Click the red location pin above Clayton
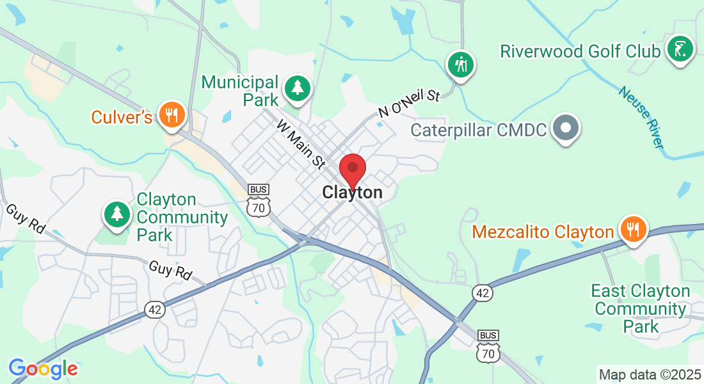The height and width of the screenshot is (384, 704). pyautogui.click(x=352, y=170)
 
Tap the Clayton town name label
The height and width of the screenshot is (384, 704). pyautogui.click(x=353, y=192)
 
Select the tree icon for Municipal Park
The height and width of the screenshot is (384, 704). pyautogui.click(x=298, y=88)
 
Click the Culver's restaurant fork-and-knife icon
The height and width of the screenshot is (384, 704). pyautogui.click(x=171, y=115)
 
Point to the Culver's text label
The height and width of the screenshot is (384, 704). pyautogui.click(x=122, y=117)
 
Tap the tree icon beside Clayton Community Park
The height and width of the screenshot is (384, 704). pyautogui.click(x=117, y=213)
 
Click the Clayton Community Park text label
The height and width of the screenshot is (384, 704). pyautogui.click(x=182, y=218)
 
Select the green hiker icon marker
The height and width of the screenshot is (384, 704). pyautogui.click(x=460, y=64)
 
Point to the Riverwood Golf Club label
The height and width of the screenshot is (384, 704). pyautogui.click(x=580, y=51)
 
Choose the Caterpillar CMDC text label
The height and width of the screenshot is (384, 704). pyautogui.click(x=479, y=131)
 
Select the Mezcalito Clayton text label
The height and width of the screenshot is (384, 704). pyautogui.click(x=543, y=231)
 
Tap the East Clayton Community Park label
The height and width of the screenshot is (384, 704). pyautogui.click(x=640, y=309)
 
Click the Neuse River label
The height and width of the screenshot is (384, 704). pyautogui.click(x=641, y=117)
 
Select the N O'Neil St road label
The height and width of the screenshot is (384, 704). pyautogui.click(x=409, y=103)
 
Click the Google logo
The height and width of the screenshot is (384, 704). pyautogui.click(x=43, y=369)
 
